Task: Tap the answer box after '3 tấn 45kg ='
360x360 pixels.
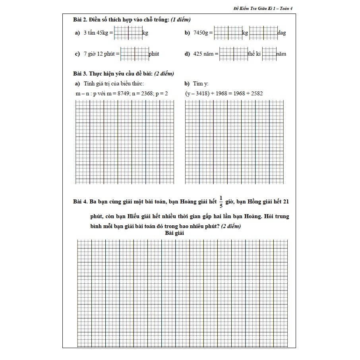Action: pos(128,33)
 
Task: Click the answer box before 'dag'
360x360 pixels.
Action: pos(263,33)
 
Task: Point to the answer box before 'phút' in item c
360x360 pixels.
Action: pos(134,54)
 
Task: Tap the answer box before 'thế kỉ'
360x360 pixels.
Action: pos(233,54)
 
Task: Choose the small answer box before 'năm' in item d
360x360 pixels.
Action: pos(269,54)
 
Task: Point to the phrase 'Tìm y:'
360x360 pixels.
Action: pos(201,84)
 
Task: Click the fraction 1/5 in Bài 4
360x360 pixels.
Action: pos(221,202)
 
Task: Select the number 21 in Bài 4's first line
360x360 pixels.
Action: pos(286,202)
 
